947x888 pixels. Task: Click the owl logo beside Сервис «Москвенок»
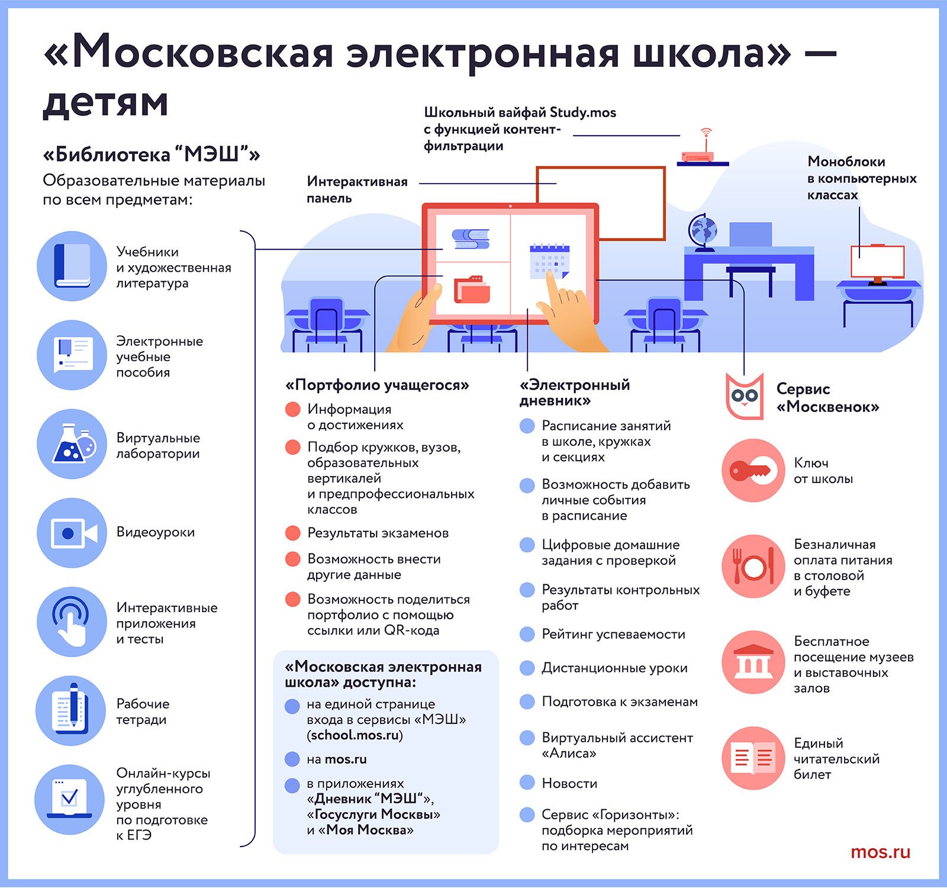[745, 396]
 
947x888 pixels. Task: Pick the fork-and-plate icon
[753, 567]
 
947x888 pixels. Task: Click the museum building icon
[753, 662]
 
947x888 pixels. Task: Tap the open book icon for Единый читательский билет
[753, 758]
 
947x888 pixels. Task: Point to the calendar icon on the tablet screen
[549, 260]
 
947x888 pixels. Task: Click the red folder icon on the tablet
[472, 289]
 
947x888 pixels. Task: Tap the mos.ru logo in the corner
[881, 852]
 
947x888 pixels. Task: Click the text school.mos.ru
[355, 735]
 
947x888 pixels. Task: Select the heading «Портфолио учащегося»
[377, 385]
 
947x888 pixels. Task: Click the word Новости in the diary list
[569, 783]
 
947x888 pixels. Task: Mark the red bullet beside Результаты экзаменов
[293, 533]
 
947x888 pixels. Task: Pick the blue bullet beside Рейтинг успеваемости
[527, 634]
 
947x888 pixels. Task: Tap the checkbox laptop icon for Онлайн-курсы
[70, 799]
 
